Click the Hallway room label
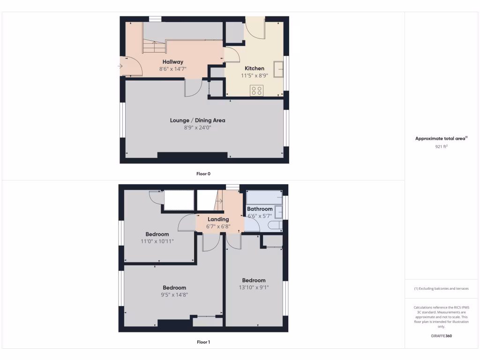tap(173, 62)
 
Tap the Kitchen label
tap(255, 68)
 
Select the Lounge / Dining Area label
tap(197, 120)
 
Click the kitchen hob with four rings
tap(256, 90)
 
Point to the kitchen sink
tap(279, 69)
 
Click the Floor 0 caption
tap(203, 174)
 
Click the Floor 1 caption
tap(203, 342)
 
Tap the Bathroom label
tap(260, 209)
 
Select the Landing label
tap(218, 219)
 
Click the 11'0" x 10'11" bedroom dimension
tap(157, 241)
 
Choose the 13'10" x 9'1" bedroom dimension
tap(254, 287)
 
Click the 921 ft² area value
tap(441, 147)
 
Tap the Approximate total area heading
tap(441, 138)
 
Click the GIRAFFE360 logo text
tap(441, 336)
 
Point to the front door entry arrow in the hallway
tap(120, 66)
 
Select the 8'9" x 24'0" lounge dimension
tap(197, 127)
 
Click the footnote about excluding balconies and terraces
tap(441, 289)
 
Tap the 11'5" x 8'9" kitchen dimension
tap(255, 75)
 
